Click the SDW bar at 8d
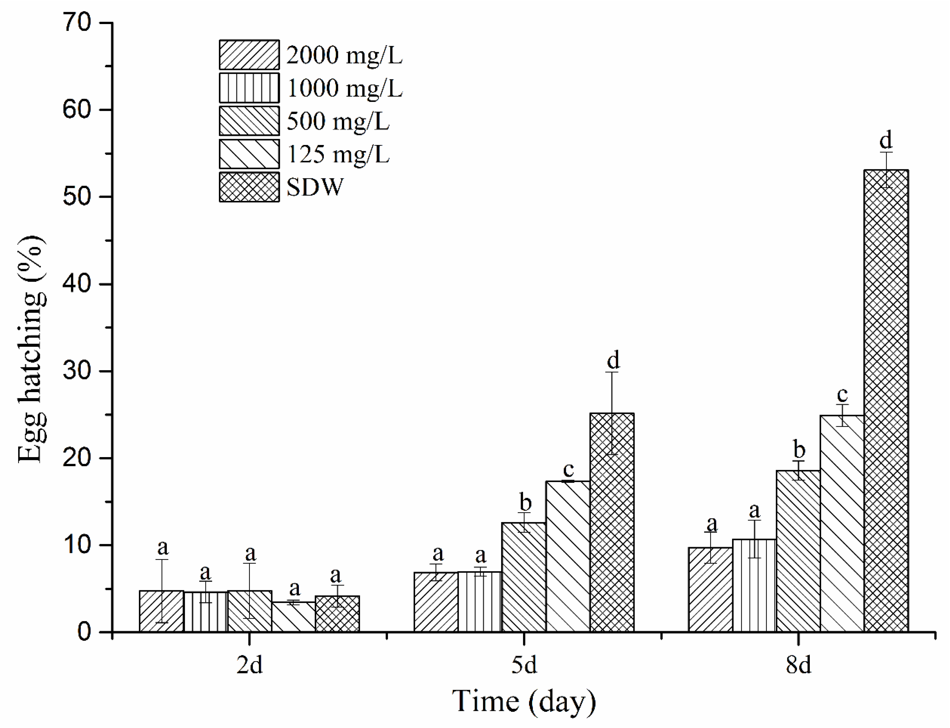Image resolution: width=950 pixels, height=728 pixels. (886, 401)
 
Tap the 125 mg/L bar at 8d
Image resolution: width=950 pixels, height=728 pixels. (842, 523)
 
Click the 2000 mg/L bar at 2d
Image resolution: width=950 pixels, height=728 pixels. (161, 611)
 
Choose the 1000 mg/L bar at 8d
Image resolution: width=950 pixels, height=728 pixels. (754, 585)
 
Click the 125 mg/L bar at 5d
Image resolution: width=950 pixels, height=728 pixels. (568, 556)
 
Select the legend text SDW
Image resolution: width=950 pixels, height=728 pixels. (315, 187)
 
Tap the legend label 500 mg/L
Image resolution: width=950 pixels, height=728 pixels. (338, 121)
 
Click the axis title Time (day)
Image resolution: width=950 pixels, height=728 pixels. (524, 701)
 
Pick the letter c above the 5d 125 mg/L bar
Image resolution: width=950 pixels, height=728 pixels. (568, 469)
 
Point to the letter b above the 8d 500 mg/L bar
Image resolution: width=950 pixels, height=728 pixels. (799, 449)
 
